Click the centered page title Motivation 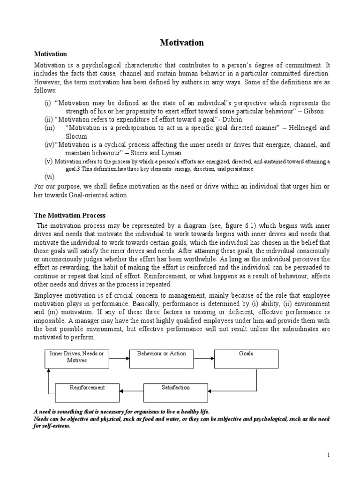182,43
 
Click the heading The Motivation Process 70,215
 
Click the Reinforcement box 87,391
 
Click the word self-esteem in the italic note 52,426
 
